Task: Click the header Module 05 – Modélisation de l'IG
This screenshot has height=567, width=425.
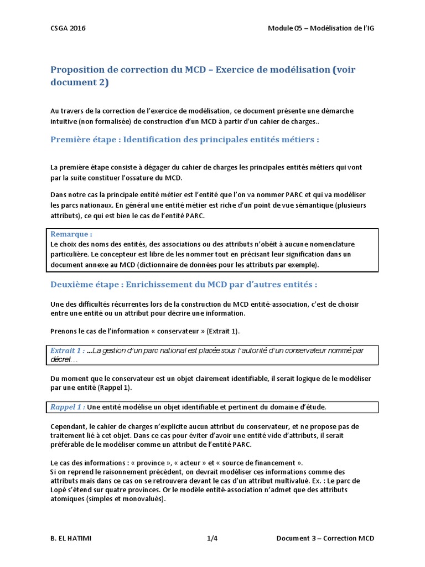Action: pos(325,28)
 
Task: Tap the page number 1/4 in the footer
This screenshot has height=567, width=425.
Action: pos(212,539)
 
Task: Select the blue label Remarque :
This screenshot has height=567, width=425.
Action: pos(71,234)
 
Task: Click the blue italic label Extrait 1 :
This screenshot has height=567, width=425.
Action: pos(68,350)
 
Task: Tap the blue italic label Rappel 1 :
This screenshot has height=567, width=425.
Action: pos(68,407)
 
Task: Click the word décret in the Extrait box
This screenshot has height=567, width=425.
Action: pos(61,359)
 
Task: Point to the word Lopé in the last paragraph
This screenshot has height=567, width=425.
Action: pos(61,489)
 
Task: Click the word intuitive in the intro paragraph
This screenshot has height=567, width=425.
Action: pos(63,120)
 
